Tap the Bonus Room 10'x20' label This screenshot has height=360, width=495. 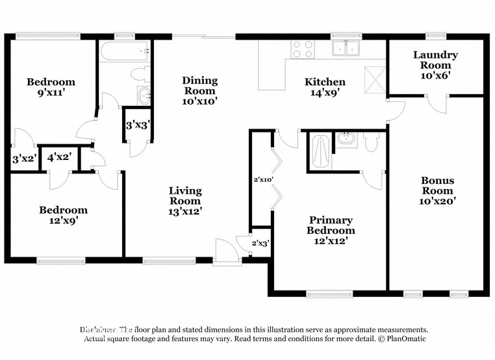click(x=437, y=190)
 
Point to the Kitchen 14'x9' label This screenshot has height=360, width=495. click(x=325, y=87)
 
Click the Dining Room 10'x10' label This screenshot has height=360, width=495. click(x=199, y=90)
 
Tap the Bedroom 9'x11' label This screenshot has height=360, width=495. click(x=50, y=87)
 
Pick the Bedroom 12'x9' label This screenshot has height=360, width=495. click(x=63, y=215)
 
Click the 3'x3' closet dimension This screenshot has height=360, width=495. click(x=138, y=124)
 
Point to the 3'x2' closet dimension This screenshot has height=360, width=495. click(x=23, y=158)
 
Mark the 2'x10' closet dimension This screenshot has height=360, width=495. click(x=262, y=179)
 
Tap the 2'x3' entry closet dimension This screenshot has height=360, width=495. click(x=260, y=243)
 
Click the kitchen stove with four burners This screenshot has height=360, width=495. click(x=302, y=49)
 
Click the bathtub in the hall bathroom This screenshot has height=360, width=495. click(x=125, y=51)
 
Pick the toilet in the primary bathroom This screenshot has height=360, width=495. click(x=371, y=142)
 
